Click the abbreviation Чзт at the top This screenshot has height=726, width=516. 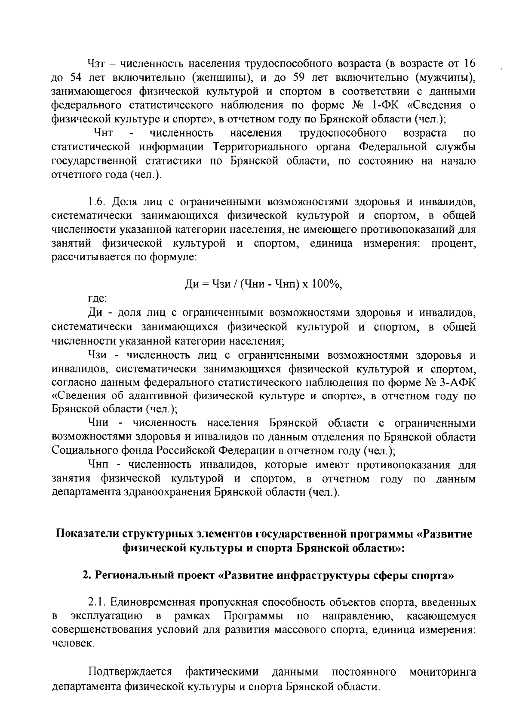pos(97,64)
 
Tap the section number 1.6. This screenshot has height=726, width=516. pos(96,202)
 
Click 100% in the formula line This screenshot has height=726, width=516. pos(326,284)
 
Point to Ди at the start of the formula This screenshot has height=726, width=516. pos(191,284)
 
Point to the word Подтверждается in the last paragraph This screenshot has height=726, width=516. pos(130,671)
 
